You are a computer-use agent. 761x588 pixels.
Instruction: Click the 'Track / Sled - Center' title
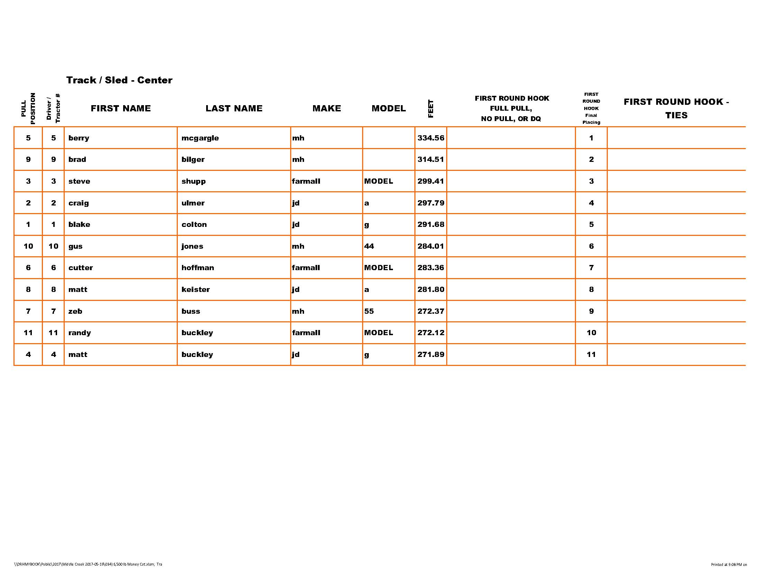[x=119, y=80]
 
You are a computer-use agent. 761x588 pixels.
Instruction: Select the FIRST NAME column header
[x=121, y=108]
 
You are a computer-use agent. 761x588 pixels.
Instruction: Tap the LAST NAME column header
[x=234, y=108]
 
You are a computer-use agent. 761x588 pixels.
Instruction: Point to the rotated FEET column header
[x=431, y=109]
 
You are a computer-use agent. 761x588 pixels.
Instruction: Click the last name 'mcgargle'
[x=200, y=138]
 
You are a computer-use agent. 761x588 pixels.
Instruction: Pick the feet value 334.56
[x=431, y=138]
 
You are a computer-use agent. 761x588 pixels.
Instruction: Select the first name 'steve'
[x=79, y=181]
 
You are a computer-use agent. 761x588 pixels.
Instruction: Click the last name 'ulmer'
[x=193, y=203]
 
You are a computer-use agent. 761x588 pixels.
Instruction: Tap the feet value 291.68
[x=431, y=225]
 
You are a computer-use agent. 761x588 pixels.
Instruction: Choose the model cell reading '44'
[x=369, y=246]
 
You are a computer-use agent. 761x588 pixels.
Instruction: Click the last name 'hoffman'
[x=198, y=268]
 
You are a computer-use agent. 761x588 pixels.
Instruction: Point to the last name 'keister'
[x=195, y=290]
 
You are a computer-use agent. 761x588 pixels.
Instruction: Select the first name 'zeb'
[x=75, y=311]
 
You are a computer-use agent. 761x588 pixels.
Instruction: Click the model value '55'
[x=369, y=311]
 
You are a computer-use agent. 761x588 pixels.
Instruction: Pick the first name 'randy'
[x=80, y=333]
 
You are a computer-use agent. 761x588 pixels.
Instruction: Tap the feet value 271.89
[x=431, y=355]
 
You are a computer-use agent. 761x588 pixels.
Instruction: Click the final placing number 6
[x=591, y=246]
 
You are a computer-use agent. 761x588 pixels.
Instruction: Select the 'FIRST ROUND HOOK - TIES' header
[x=676, y=108]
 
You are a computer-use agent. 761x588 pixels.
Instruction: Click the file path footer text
[x=88, y=564]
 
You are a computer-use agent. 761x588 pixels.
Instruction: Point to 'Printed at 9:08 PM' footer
[x=728, y=565]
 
